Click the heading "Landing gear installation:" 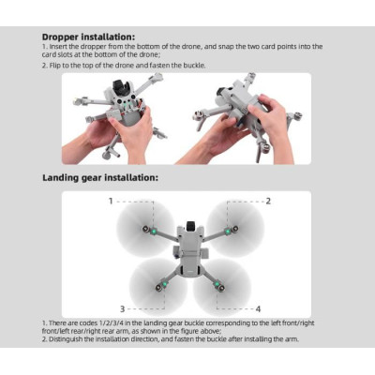(x=99, y=177)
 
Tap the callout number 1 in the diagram (x=112, y=201)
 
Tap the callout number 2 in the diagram (x=269, y=201)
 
